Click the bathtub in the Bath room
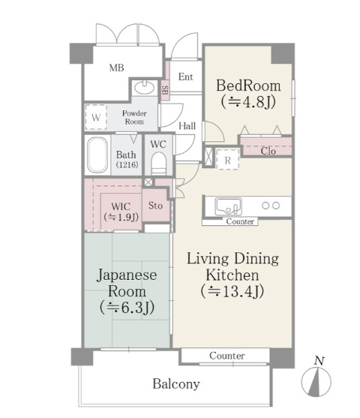(x=97, y=155)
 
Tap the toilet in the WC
(x=158, y=163)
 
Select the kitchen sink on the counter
(x=228, y=206)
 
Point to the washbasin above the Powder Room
(x=144, y=87)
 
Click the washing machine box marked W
(x=96, y=117)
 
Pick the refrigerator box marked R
(x=227, y=160)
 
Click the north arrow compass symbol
(x=316, y=381)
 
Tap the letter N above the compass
(x=319, y=361)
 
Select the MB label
(x=116, y=68)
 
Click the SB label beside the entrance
(x=165, y=90)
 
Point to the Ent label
(x=185, y=77)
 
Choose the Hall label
(x=187, y=126)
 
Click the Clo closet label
(x=268, y=151)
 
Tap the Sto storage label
(x=155, y=206)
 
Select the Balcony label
(x=176, y=384)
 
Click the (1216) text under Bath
(x=127, y=164)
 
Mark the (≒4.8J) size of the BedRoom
(x=248, y=102)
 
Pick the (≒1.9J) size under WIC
(x=121, y=217)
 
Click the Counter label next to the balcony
(x=227, y=356)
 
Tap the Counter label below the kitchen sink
(x=240, y=221)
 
